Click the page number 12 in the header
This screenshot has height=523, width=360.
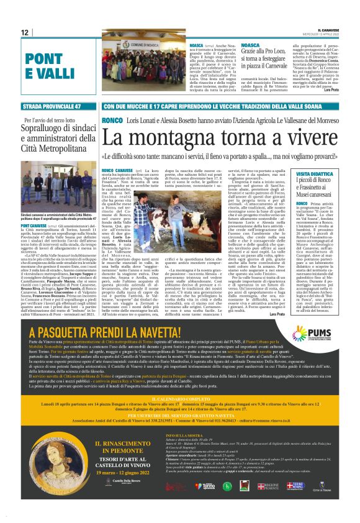point(24,32)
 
